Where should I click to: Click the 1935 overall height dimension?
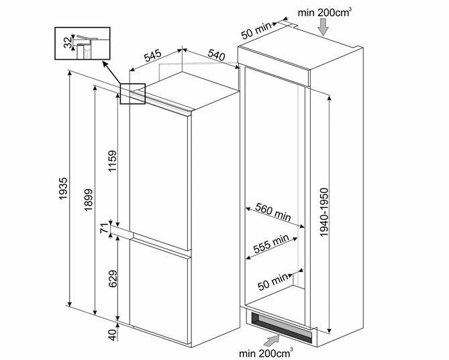(x=63, y=189)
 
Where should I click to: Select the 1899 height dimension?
(x=89, y=199)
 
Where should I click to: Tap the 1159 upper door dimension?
(x=112, y=161)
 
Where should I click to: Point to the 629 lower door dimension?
(x=113, y=279)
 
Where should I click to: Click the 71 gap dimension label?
(x=105, y=228)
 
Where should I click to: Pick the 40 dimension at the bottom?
(x=113, y=334)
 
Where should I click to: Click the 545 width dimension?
(x=152, y=56)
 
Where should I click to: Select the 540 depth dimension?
(x=216, y=55)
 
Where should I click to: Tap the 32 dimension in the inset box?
(x=68, y=42)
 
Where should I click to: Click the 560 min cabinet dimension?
(x=273, y=212)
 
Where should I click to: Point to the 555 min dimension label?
(x=271, y=244)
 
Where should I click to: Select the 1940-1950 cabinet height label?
(x=323, y=212)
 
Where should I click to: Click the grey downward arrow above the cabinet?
(x=323, y=28)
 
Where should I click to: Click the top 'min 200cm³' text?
(x=325, y=13)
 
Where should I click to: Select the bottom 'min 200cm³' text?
(x=266, y=353)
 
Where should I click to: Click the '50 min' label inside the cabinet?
(x=273, y=281)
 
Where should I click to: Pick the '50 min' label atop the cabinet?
(x=256, y=30)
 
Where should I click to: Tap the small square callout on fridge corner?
(x=133, y=94)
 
